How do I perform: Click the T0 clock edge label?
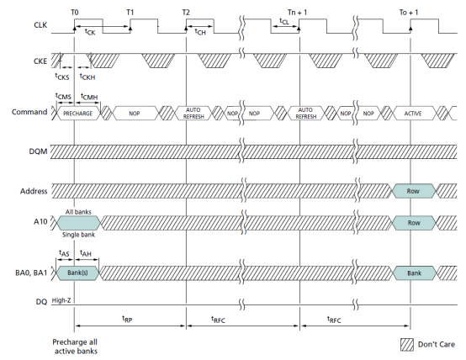click(x=75, y=12)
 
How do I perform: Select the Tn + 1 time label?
click(x=297, y=12)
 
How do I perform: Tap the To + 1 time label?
click(x=409, y=12)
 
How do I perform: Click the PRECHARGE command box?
click(x=78, y=114)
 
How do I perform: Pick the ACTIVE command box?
click(x=413, y=114)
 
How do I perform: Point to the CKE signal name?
click(x=40, y=61)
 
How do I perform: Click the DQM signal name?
click(x=38, y=151)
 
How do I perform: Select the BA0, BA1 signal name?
click(x=31, y=273)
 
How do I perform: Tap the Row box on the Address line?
click(x=413, y=191)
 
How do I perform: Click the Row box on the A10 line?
click(x=414, y=223)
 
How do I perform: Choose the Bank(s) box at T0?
click(x=77, y=273)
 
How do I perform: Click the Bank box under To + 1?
click(x=415, y=273)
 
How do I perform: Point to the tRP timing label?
click(x=127, y=319)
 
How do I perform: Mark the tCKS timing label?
click(x=62, y=77)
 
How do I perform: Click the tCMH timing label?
click(x=89, y=97)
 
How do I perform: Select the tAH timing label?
click(x=86, y=253)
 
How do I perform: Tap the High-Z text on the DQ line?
click(x=61, y=300)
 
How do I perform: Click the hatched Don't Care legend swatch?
click(x=407, y=345)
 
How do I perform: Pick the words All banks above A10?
click(x=78, y=212)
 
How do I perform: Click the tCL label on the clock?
click(x=284, y=21)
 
